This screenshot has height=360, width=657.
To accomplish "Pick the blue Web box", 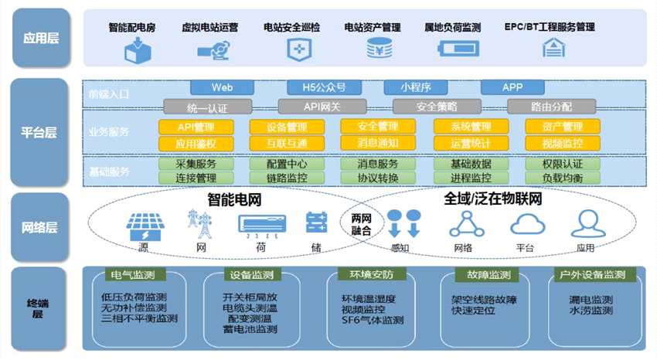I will (222, 87).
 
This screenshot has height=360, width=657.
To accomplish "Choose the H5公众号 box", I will (317, 87).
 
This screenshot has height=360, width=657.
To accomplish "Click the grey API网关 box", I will (322, 107).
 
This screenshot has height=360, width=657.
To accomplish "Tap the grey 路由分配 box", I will (551, 107).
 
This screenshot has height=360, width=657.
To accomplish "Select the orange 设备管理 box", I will (276, 127).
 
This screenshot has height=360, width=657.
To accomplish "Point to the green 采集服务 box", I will (185, 164).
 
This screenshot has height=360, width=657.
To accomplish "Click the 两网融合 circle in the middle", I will (361, 224).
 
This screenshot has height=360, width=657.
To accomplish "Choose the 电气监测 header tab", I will (127, 275).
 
